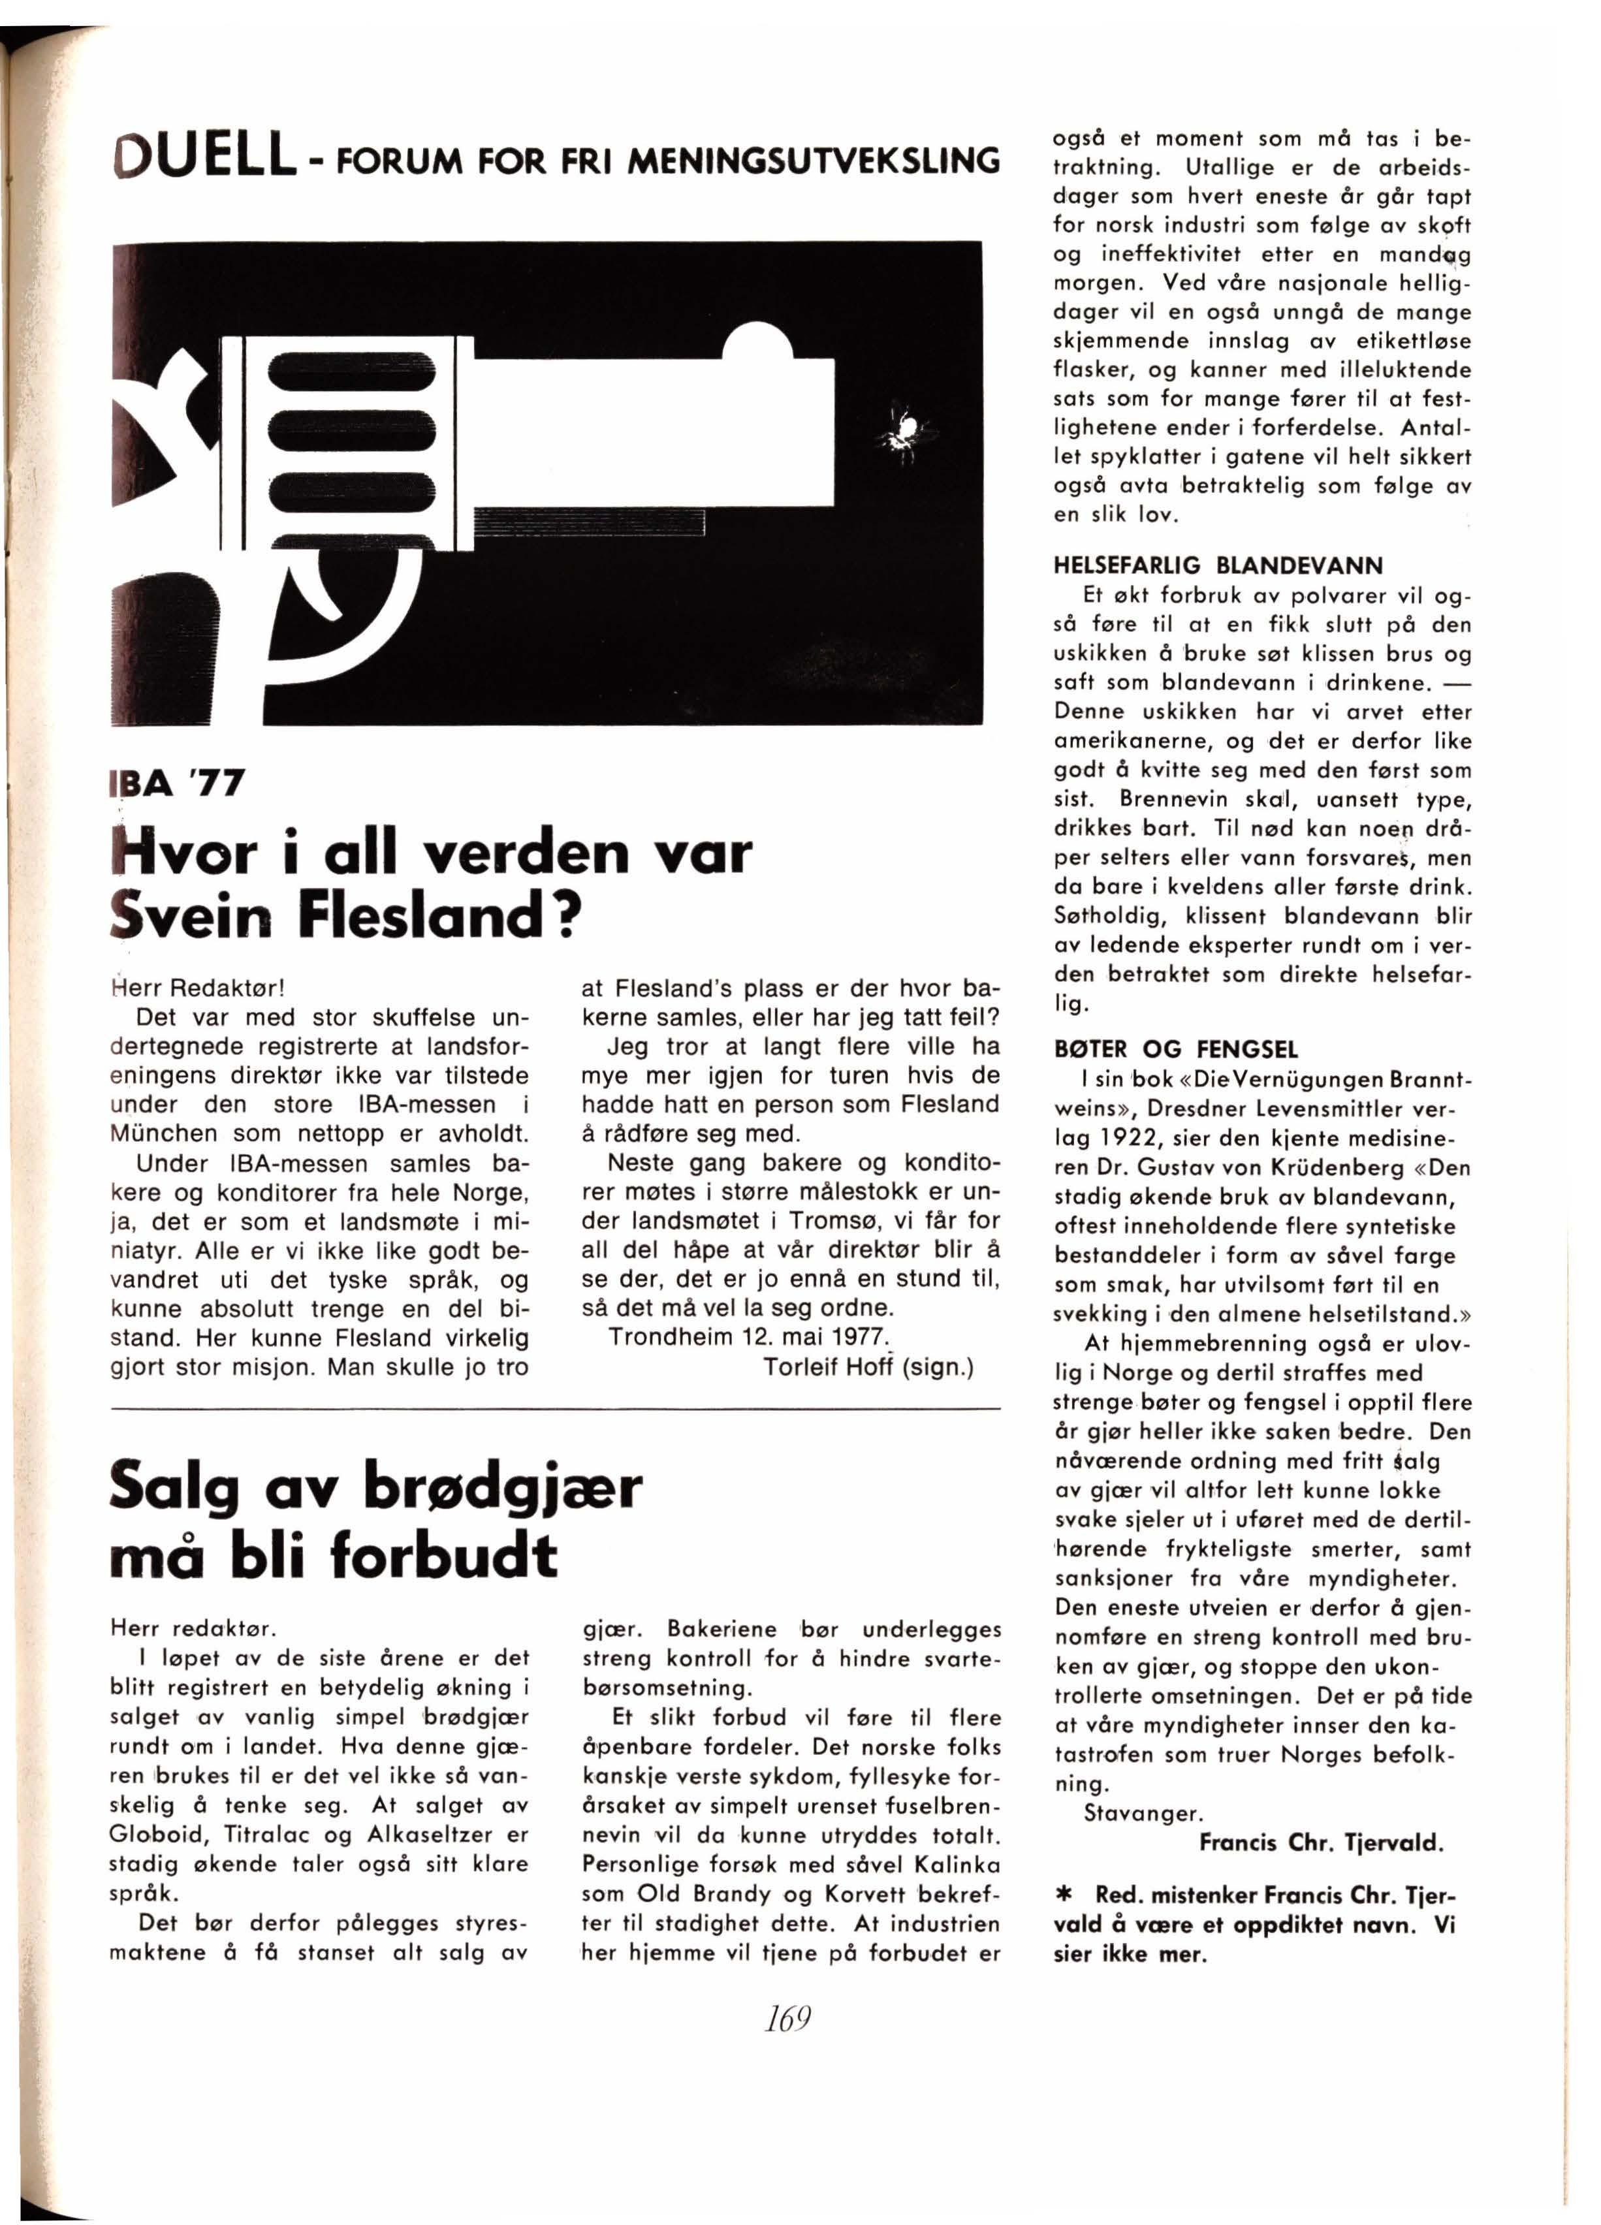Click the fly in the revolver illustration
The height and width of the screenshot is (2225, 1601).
904,429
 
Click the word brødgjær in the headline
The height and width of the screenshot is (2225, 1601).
502,1487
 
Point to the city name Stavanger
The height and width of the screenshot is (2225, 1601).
1143,1813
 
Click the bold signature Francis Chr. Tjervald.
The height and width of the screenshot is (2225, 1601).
1320,1842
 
